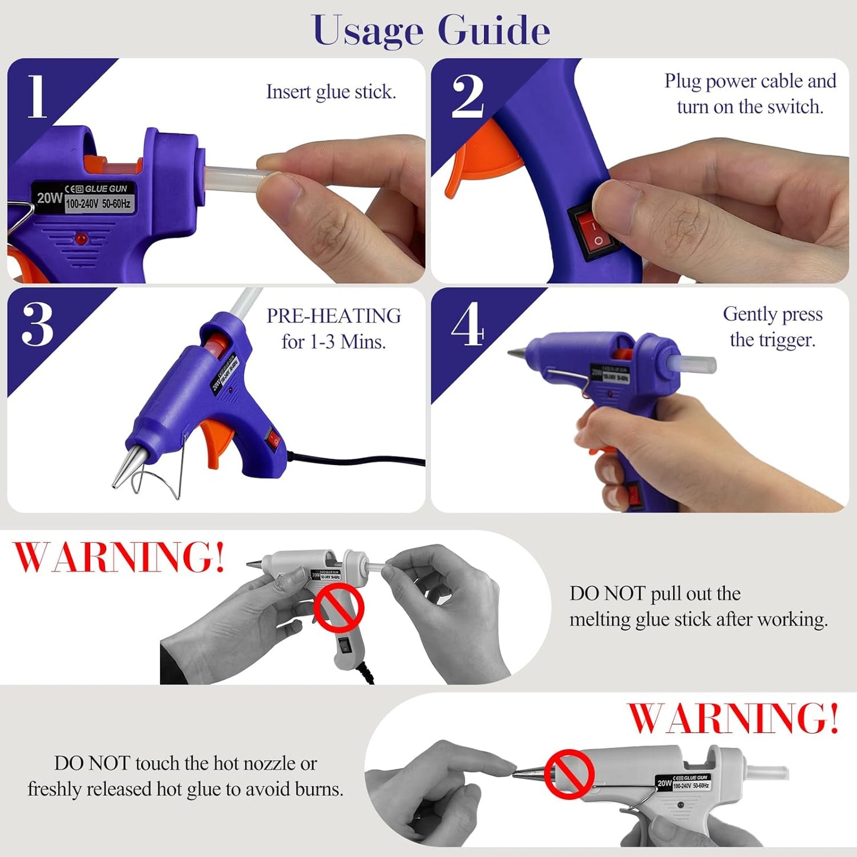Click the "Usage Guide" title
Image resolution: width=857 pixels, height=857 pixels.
point(431,30)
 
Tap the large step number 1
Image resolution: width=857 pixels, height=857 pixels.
point(37,96)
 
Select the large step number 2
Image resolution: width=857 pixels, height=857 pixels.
point(467,96)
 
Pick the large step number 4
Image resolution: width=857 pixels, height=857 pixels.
point(467,324)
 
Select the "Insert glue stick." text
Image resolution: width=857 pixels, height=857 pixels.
point(331,92)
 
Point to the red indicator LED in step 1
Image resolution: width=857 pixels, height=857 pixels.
point(81,239)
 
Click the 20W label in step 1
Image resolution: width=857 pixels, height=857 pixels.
point(49,198)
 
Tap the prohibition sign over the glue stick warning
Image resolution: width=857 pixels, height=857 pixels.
point(338,609)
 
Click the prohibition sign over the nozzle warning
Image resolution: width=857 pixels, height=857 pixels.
point(569,774)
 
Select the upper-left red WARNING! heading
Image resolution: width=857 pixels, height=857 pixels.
point(119,557)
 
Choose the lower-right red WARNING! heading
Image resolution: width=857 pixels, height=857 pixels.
point(733,718)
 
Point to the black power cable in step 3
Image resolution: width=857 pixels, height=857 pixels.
point(356,460)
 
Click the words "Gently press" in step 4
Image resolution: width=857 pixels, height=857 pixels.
point(772,314)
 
